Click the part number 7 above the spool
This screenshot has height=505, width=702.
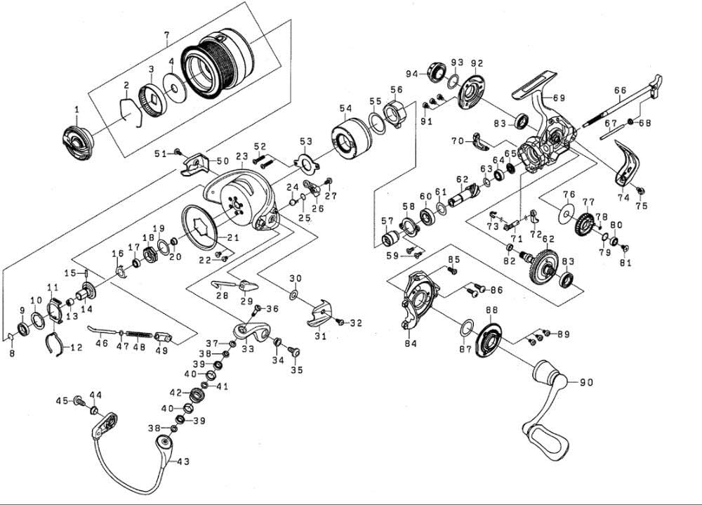tap(166, 35)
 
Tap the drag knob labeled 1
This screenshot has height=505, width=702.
tap(77, 143)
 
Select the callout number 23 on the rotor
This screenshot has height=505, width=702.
tap(241, 157)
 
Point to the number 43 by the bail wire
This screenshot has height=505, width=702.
tap(183, 461)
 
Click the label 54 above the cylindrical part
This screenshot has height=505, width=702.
tap(345, 108)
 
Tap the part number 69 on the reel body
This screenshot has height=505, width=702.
tap(559, 98)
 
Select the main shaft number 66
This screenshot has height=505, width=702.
tap(620, 90)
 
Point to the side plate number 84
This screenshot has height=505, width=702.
tap(411, 343)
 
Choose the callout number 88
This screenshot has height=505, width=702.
tap(491, 310)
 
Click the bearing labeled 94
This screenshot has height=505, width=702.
tap(436, 71)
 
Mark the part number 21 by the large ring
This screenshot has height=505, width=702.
tap(234, 237)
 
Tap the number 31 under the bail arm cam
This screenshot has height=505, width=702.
tap(321, 336)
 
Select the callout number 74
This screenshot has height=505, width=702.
tap(623, 197)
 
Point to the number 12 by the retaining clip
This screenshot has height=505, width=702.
tap(77, 347)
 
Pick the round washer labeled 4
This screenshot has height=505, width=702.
tap(175, 88)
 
